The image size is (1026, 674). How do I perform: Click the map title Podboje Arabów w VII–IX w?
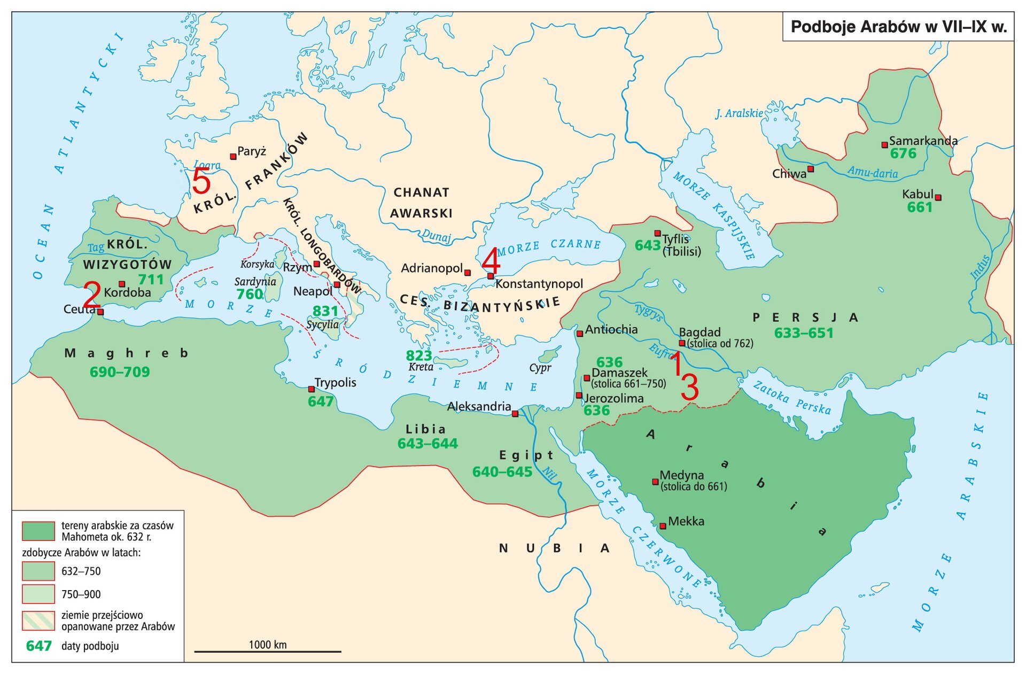(x=898, y=27)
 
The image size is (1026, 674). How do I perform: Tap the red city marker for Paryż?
(x=233, y=157)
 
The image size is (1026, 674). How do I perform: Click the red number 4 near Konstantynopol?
(x=491, y=261)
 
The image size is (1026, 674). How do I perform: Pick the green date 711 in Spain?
(x=151, y=280)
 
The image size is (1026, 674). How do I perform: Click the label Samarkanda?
(x=923, y=141)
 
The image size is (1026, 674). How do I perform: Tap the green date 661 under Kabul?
(x=919, y=207)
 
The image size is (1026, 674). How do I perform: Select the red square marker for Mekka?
(x=663, y=526)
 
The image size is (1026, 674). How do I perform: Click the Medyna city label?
(x=681, y=475)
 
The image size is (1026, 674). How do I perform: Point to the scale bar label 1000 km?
(x=268, y=645)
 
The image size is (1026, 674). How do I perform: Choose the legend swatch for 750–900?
(x=38, y=594)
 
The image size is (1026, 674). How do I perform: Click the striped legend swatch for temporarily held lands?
(x=38, y=621)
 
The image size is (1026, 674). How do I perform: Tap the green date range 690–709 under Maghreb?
(x=120, y=372)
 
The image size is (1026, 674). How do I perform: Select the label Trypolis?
(x=335, y=383)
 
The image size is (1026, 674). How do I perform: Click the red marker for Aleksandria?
(x=515, y=414)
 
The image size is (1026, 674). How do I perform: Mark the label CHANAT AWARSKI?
(x=421, y=203)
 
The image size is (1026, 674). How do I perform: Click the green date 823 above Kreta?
(x=418, y=355)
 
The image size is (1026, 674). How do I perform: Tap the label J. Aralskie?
(x=739, y=113)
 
